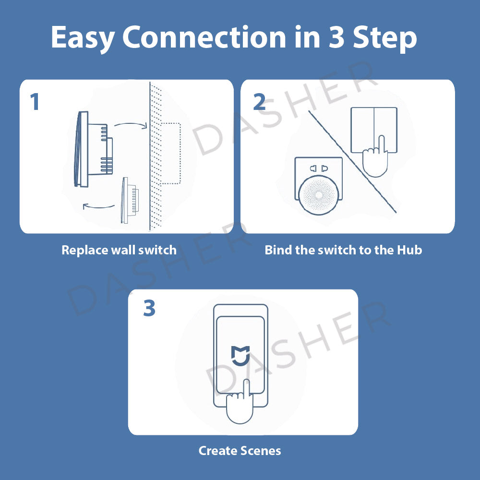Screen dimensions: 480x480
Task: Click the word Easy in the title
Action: pos(83,38)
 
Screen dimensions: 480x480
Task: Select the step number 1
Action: pos(35,102)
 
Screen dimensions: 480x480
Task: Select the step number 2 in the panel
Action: pos(259,102)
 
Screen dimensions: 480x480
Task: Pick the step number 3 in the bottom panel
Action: pos(149,309)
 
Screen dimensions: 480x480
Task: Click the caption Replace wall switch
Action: pos(119,250)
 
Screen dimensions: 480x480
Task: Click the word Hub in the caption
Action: pos(409,250)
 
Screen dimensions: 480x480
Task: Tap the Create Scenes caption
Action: pos(240,451)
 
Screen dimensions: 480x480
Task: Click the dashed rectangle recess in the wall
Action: pos(170,154)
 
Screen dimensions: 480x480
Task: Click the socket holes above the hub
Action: pos(319,168)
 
